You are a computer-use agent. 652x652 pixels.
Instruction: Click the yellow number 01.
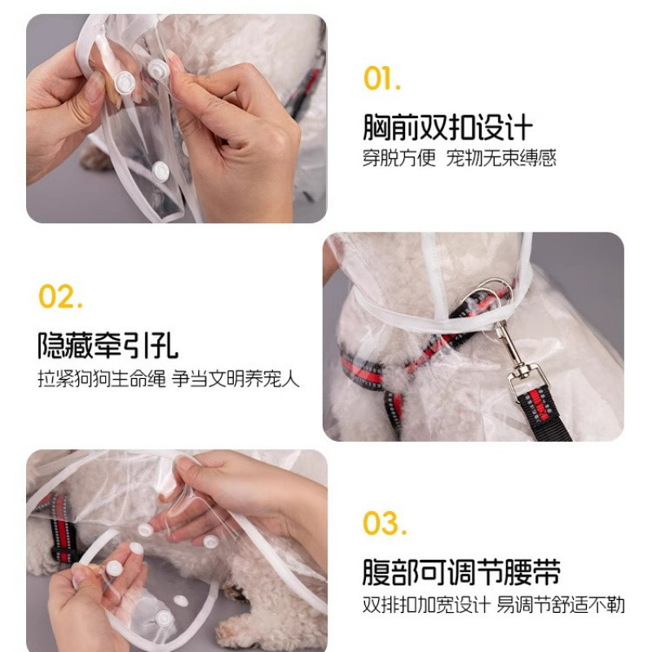pyautogui.click(x=382, y=78)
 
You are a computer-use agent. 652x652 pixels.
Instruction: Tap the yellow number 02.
pyautogui.click(x=60, y=296)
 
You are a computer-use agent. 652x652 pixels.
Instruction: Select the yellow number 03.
pyautogui.click(x=384, y=522)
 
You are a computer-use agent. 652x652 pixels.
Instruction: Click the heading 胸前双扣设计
pyautogui.click(x=447, y=128)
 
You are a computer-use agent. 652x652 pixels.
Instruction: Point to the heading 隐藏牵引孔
pyautogui.click(x=108, y=345)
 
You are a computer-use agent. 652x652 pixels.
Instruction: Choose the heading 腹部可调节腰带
pyautogui.click(x=461, y=572)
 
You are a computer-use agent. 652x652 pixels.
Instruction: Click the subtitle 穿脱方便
pyautogui.click(x=399, y=158)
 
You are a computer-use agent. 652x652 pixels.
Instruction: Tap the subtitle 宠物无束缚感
pyautogui.click(x=501, y=158)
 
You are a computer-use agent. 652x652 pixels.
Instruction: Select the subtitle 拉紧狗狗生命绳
pyautogui.click(x=102, y=379)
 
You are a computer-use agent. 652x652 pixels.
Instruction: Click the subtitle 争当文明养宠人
pyautogui.click(x=236, y=379)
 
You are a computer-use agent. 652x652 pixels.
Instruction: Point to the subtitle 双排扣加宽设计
pyautogui.click(x=426, y=605)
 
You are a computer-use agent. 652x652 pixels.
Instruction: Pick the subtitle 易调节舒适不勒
pyautogui.click(x=561, y=605)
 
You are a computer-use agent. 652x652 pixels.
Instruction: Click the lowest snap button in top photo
pyautogui.click(x=161, y=171)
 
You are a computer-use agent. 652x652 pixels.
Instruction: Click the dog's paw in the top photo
pyautogui.click(x=95, y=156)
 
